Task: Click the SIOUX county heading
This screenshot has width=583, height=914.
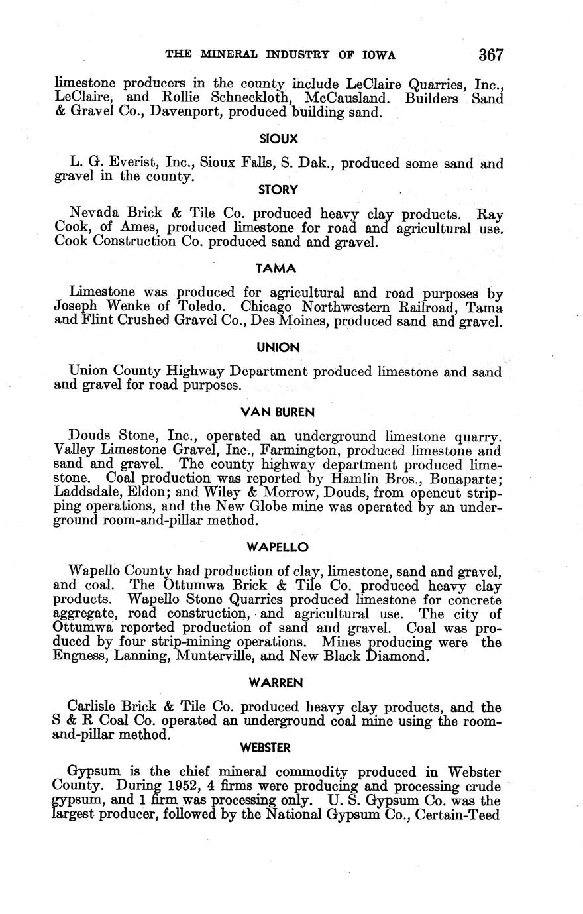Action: coord(278,139)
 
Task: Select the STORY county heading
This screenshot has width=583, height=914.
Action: coord(278,190)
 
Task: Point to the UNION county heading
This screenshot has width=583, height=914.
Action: coord(278,347)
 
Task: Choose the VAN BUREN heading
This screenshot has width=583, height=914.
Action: coord(278,412)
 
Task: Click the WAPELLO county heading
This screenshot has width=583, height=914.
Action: coord(278,547)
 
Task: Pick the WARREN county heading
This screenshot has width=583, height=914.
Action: coord(278,682)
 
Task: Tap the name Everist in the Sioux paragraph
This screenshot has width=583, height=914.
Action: coord(131,164)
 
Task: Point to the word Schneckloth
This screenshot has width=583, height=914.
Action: coord(245,99)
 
